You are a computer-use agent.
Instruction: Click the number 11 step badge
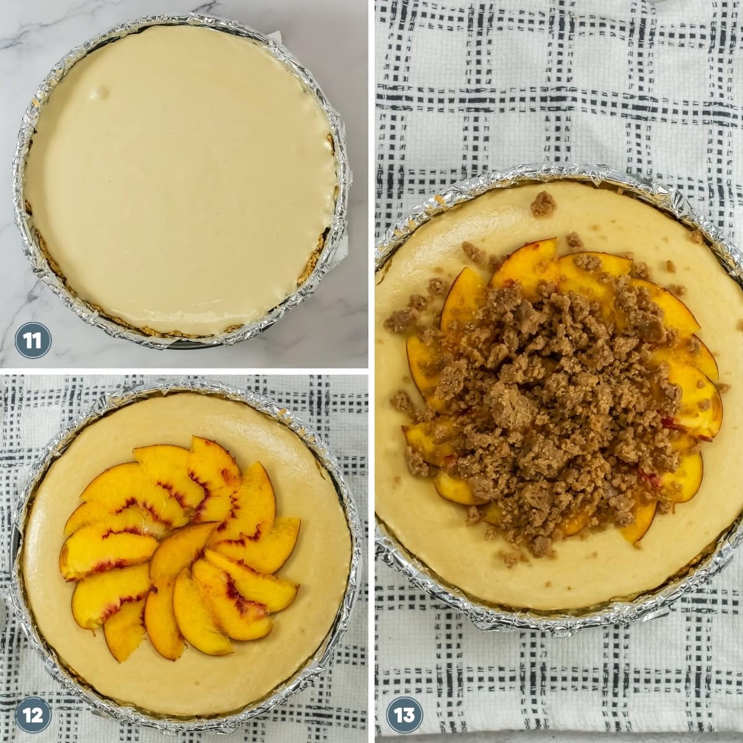click(33, 341)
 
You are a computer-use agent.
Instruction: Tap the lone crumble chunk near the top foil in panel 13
click(542, 204)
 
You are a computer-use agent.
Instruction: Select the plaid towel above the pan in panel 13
click(559, 85)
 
